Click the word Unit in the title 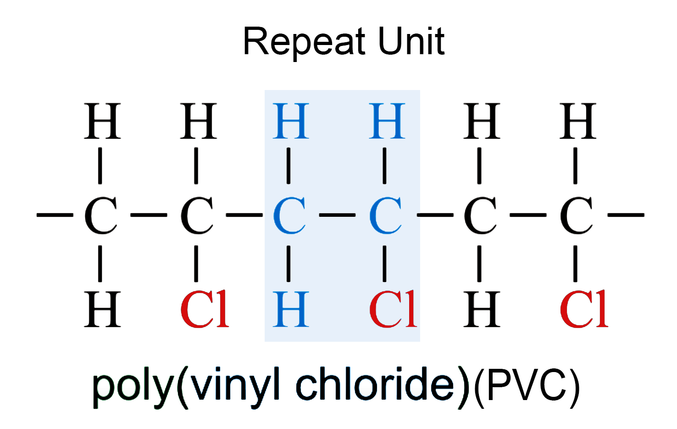pyautogui.click(x=411, y=41)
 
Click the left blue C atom pyautogui.click(x=289, y=215)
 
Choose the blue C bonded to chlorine pyautogui.click(x=385, y=215)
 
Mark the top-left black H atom pyautogui.click(x=102, y=121)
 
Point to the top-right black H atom pyautogui.click(x=577, y=121)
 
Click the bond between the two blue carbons pyautogui.click(x=337, y=215)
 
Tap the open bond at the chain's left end pyautogui.click(x=55, y=215)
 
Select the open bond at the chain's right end pyautogui.click(x=626, y=215)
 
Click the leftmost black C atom pyautogui.click(x=100, y=215)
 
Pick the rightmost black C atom pyautogui.click(x=576, y=215)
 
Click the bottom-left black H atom pyautogui.click(x=102, y=309)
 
